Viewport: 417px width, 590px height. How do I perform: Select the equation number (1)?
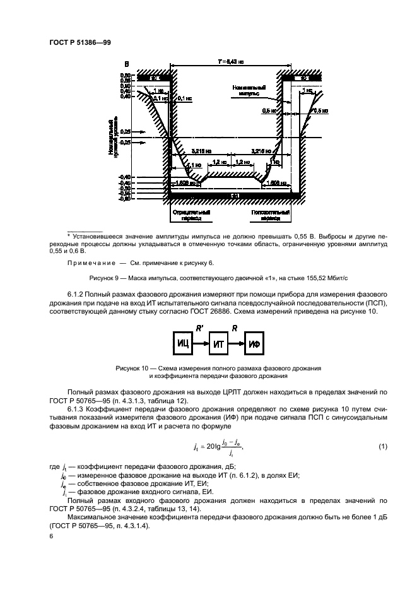(382, 447)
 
